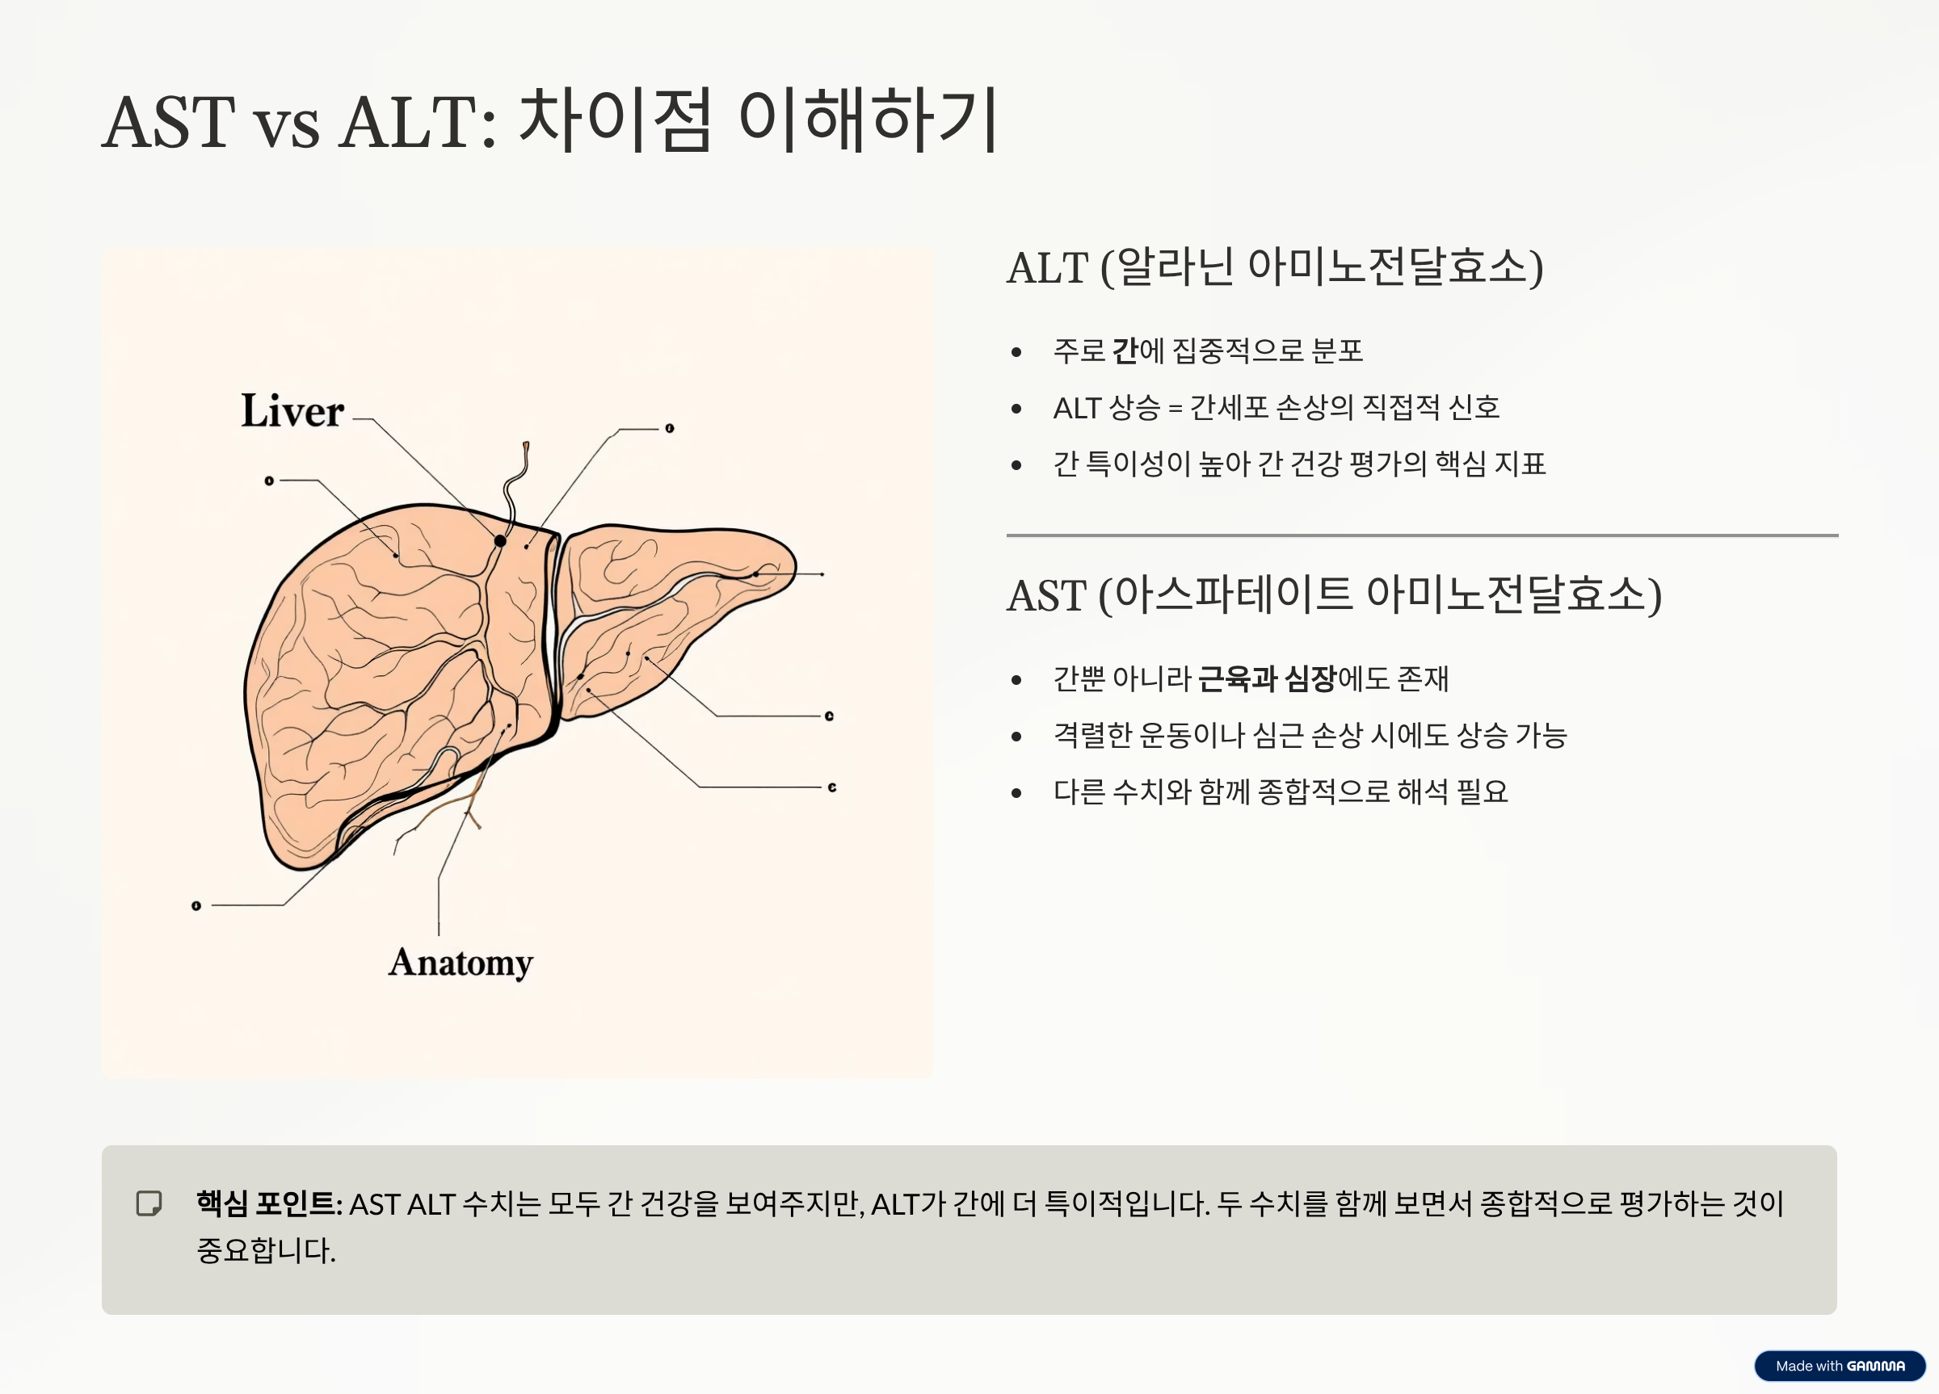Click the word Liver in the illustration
(x=292, y=411)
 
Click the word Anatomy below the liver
(x=460, y=964)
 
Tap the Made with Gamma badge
(x=1839, y=1366)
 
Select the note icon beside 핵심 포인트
(x=149, y=1203)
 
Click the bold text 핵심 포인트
(x=267, y=1203)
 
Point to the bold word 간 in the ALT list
(x=1125, y=351)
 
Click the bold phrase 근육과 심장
(x=1266, y=678)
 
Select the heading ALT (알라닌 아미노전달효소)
(x=1275, y=267)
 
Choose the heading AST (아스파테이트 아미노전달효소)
(x=1334, y=595)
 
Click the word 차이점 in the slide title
(x=615, y=121)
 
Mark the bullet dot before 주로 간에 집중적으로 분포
(x=1016, y=352)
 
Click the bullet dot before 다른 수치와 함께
(x=1016, y=793)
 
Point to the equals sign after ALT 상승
(x=1175, y=409)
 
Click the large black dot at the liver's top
(x=500, y=540)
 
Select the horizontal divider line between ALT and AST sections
(x=1422, y=535)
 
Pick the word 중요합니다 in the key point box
(x=265, y=1250)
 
